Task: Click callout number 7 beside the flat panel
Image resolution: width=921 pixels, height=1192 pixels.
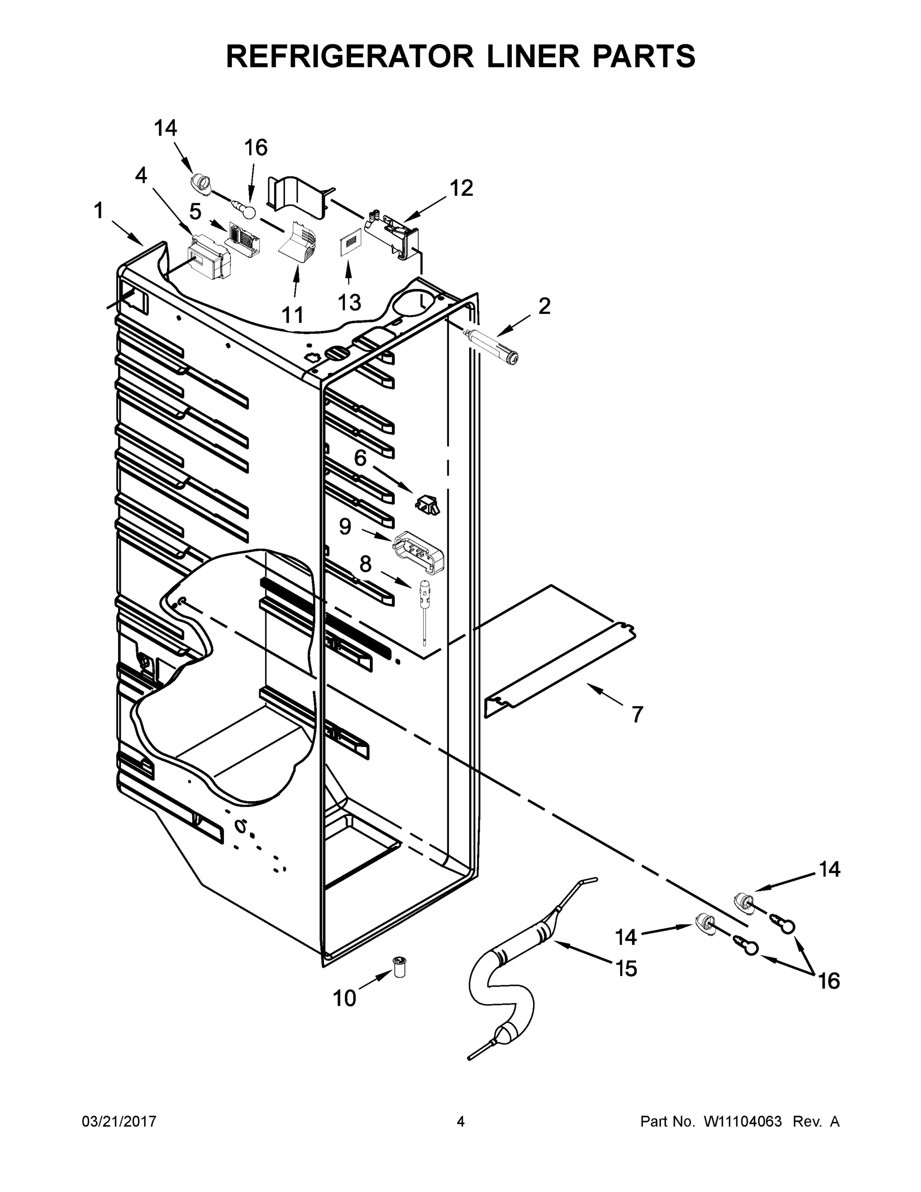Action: tap(638, 714)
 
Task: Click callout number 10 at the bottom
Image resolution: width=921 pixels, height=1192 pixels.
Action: tap(344, 998)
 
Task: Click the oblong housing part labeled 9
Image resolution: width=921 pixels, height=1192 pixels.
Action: tap(419, 552)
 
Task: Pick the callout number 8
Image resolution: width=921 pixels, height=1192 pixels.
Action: tap(365, 564)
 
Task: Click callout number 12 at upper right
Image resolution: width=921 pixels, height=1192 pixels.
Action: tap(461, 188)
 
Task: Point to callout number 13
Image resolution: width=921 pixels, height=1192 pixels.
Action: tap(349, 302)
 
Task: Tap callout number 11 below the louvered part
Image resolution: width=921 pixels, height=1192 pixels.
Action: tap(292, 314)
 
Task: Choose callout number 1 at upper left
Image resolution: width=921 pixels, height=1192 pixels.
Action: tap(99, 211)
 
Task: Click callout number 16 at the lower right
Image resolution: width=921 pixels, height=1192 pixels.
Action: tap(829, 981)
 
